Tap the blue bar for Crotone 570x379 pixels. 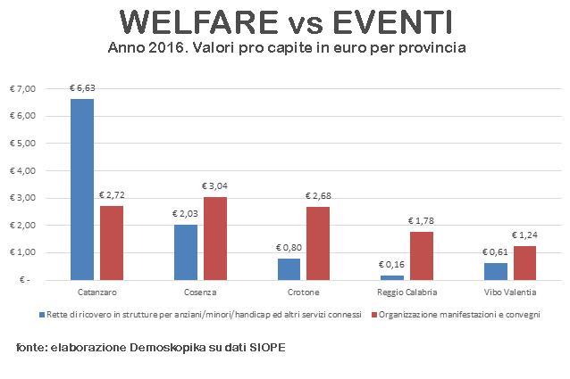coord(289,268)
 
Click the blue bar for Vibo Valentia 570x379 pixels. coord(494,270)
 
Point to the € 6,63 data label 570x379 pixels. coord(82,88)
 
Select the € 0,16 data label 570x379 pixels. coord(391,265)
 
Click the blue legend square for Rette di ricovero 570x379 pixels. coord(41,315)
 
